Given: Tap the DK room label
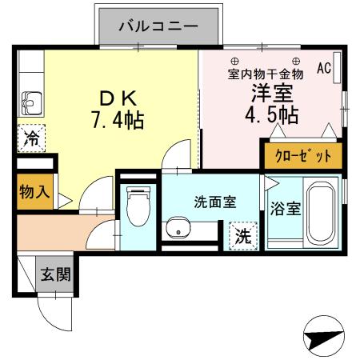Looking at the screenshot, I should coord(120,100).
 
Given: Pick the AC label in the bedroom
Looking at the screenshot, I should coord(324,69).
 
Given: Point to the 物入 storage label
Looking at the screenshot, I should coord(35,192).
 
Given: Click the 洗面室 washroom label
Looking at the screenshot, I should coord(214,202).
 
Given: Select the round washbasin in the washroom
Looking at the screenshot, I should coord(176,229).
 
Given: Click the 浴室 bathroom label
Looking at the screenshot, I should coord(285,210).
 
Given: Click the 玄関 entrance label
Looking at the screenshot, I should coord(56,275).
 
